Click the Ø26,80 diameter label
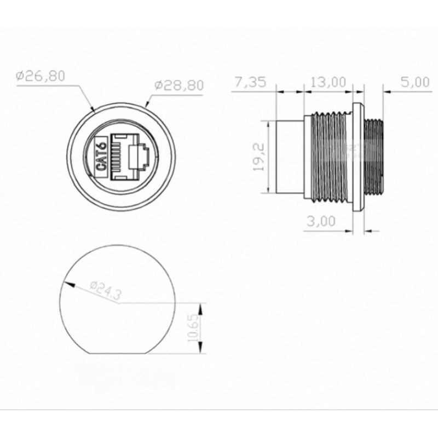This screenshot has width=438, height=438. pyautogui.click(x=41, y=76)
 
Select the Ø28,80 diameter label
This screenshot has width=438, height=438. pyautogui.click(x=179, y=85)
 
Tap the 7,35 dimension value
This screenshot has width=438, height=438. pyautogui.click(x=250, y=83)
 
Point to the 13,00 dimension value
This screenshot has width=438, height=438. pyautogui.click(x=328, y=82)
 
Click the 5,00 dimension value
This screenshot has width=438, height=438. pyautogui.click(x=415, y=82)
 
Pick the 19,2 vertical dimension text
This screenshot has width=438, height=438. pyautogui.click(x=258, y=157)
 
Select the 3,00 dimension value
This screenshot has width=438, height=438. pyautogui.click(x=321, y=221)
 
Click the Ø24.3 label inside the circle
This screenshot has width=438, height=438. pyautogui.click(x=106, y=291)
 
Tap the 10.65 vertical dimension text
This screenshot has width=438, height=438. pyautogui.click(x=194, y=327)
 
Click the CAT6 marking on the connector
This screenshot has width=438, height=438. pyautogui.click(x=102, y=157)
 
